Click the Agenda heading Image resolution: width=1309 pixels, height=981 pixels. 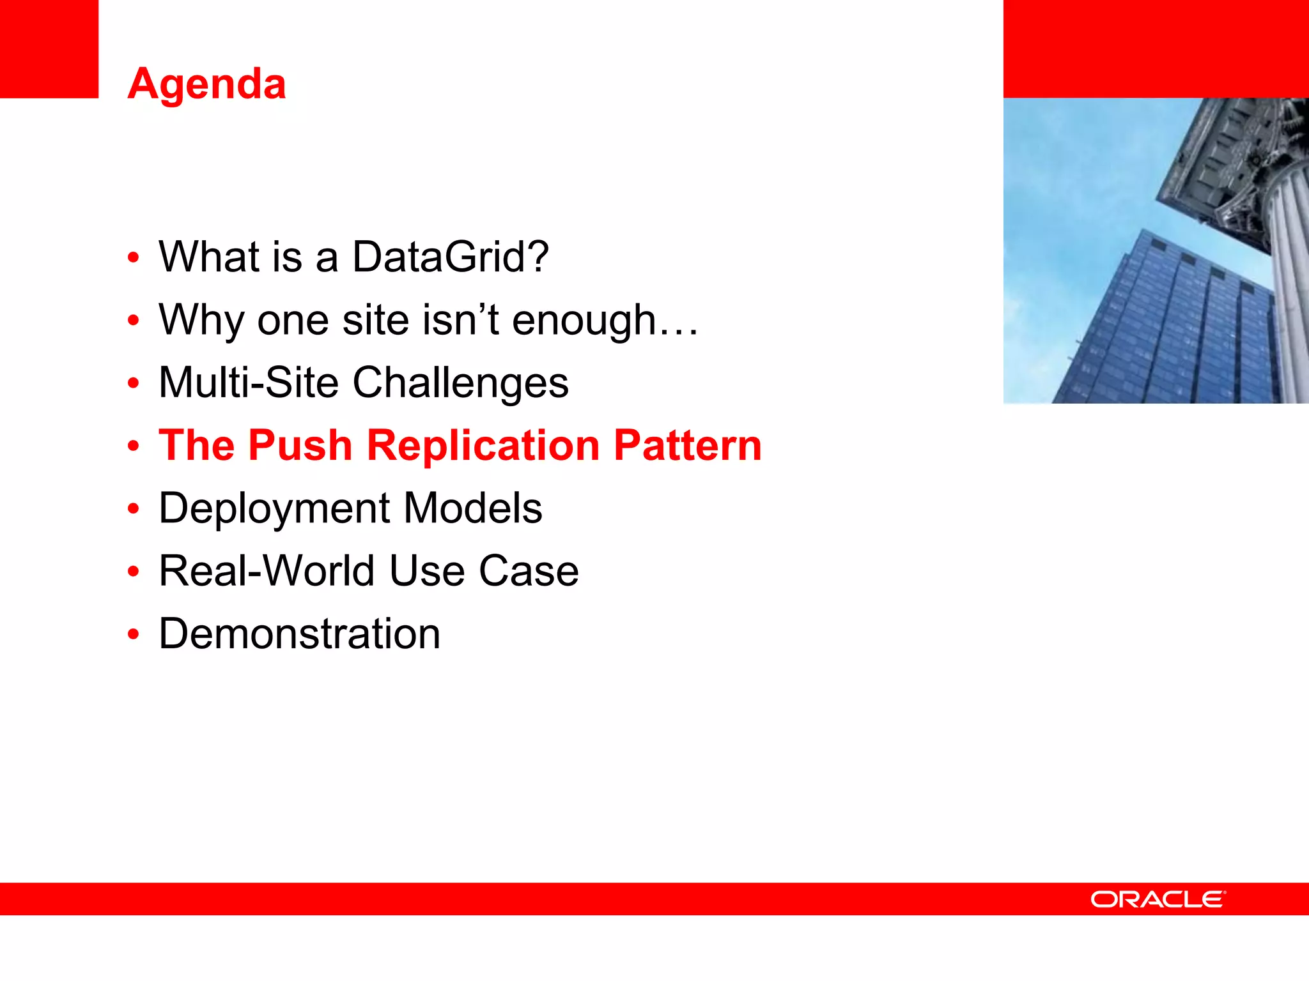(206, 84)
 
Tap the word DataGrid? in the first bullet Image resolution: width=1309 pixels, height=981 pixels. (450, 257)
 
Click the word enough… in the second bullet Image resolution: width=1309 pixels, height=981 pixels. (605, 319)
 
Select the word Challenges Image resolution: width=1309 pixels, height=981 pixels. (460, 383)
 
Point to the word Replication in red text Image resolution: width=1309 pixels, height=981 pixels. (483, 445)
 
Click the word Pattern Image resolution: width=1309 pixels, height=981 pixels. (687, 445)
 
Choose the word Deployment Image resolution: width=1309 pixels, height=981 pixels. (274, 509)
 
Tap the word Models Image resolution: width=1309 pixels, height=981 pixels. (473, 508)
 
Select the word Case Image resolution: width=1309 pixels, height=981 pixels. (529, 571)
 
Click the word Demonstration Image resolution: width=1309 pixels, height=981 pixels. (299, 634)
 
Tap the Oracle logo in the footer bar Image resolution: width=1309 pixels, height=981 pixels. (1158, 899)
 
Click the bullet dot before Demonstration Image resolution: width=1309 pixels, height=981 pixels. (133, 635)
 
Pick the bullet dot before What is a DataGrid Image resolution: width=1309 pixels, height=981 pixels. (133, 258)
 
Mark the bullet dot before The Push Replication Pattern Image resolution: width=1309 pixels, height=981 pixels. (133, 446)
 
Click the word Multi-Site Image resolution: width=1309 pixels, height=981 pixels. (248, 383)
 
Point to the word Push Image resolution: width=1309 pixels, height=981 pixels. (300, 445)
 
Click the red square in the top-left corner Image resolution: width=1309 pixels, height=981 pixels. (49, 49)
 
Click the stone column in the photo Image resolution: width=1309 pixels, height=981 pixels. (1288, 287)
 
